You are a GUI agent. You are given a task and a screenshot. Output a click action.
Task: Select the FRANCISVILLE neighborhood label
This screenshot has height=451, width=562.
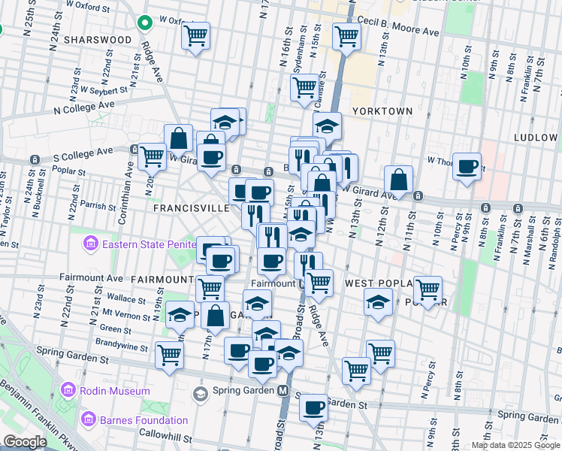coord(191,207)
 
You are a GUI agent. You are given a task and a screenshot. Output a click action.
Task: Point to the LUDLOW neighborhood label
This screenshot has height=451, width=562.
coord(536,138)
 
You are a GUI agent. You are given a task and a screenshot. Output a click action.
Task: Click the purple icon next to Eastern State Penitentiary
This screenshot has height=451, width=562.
coord(91,244)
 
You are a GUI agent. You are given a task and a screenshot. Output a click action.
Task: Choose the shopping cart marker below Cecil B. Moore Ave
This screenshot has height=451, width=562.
coord(346,35)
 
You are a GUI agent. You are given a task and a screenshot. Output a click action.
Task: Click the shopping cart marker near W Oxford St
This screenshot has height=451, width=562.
coord(195,35)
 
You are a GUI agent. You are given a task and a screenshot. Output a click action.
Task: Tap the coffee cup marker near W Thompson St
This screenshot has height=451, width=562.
coord(467,165)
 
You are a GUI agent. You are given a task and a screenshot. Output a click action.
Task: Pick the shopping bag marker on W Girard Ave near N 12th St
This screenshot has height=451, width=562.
coord(398,180)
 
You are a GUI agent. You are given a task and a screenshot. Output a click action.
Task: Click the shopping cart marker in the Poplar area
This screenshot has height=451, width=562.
coord(427,289)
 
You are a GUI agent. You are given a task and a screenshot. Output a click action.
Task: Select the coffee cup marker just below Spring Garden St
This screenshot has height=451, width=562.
coord(313,407)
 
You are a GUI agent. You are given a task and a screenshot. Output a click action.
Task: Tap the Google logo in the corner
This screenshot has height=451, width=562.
coord(25,442)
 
